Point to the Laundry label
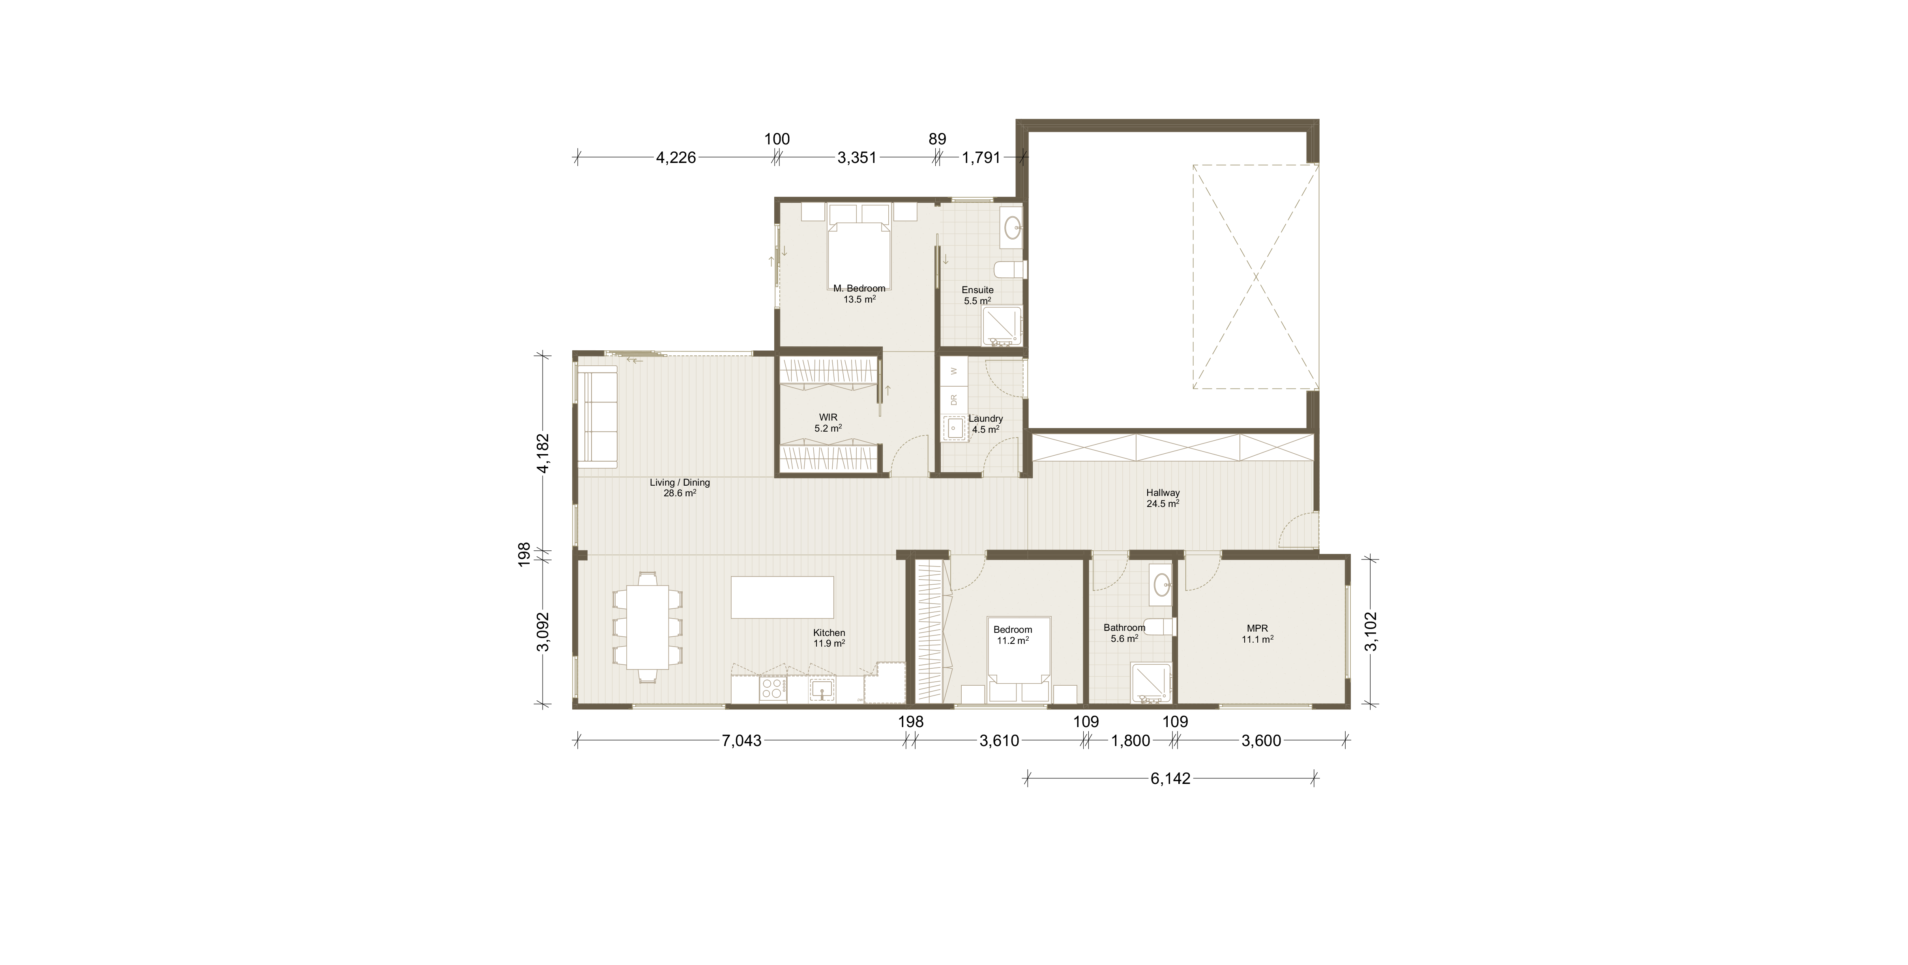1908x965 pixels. click(x=985, y=419)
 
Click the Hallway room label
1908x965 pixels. click(x=1162, y=492)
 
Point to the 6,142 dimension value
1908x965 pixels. click(x=1170, y=778)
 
